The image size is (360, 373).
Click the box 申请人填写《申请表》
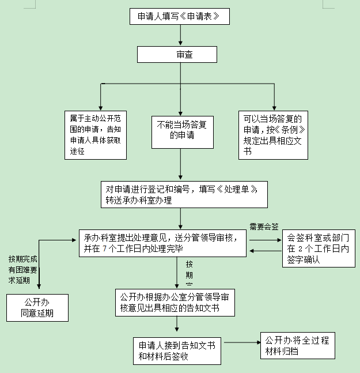[x=179, y=17]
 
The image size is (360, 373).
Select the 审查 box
[x=177, y=54]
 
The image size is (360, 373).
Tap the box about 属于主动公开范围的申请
[x=96, y=135]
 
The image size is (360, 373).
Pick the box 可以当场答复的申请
[x=273, y=135]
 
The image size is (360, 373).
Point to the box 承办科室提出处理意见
[x=162, y=243]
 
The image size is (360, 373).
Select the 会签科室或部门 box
[x=317, y=248]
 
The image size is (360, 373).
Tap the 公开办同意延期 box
[x=37, y=307]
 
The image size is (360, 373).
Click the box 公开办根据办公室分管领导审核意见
[x=175, y=302]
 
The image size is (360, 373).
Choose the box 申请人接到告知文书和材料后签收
[x=177, y=351]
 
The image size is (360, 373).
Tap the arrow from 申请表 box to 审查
[x=181, y=35]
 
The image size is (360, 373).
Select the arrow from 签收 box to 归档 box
[x=241, y=344]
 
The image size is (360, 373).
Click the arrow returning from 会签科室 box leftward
[x=264, y=251]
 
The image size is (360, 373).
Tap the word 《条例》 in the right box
[x=286, y=130]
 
